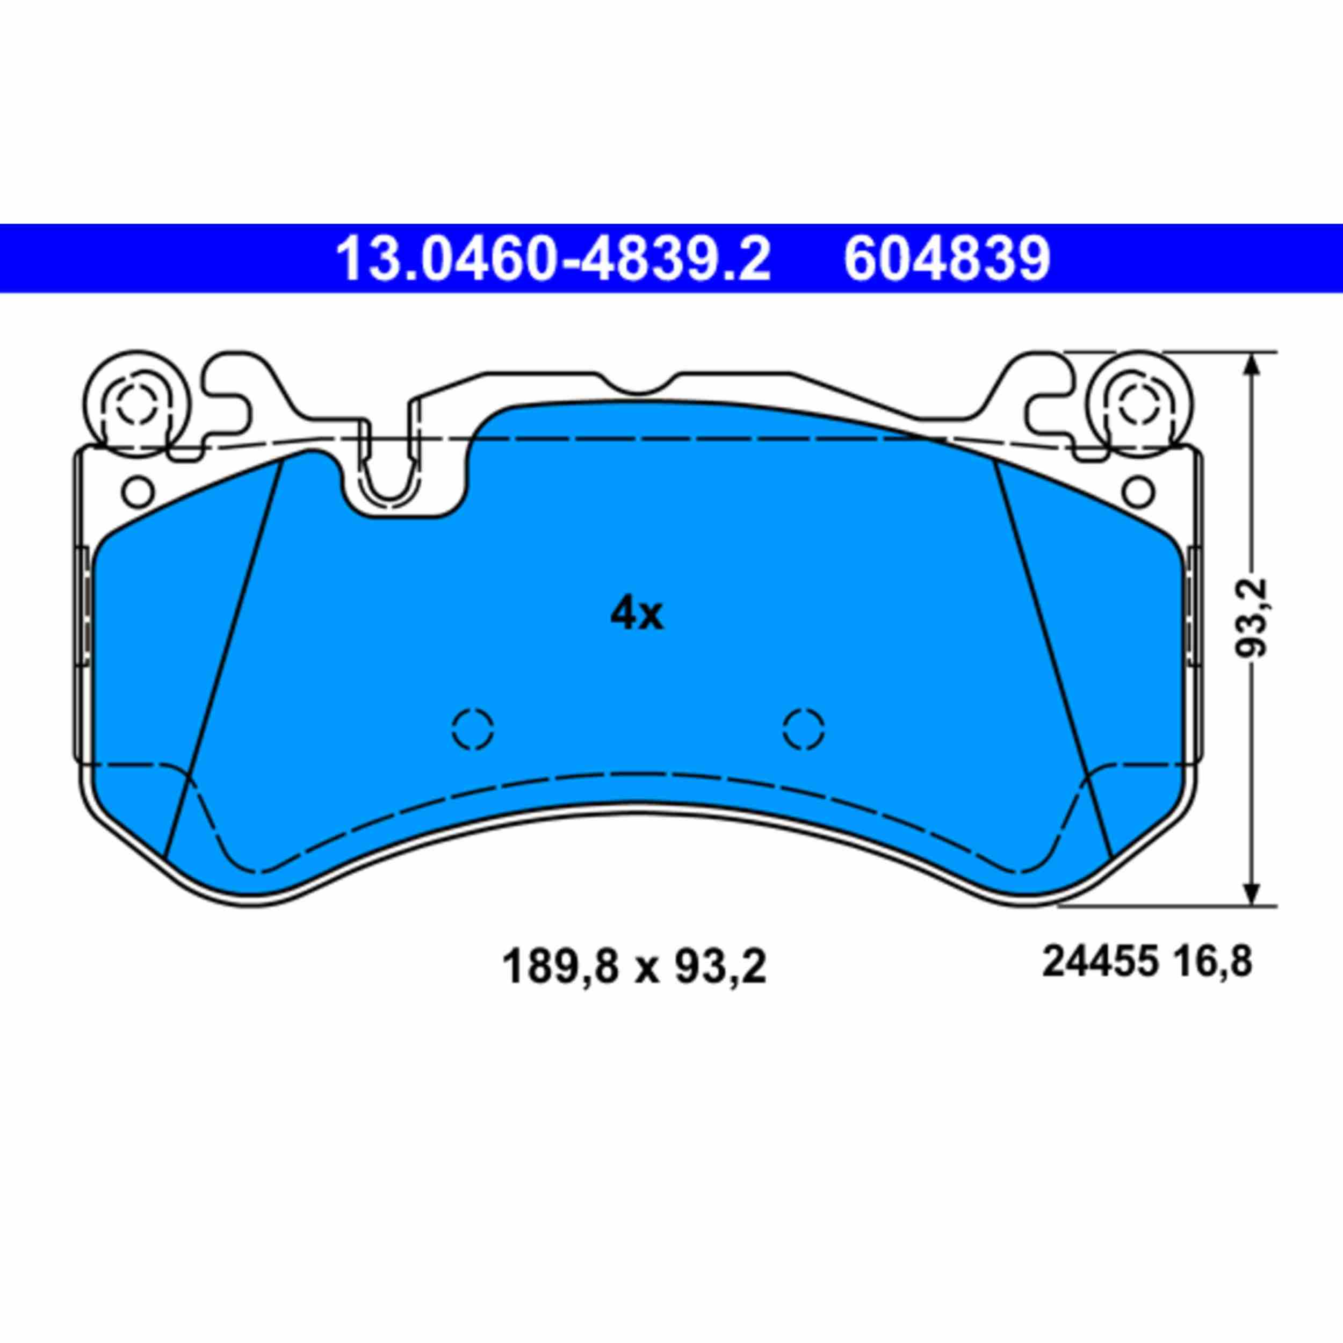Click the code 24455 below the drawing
[x=1099, y=963]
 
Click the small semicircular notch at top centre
[x=638, y=386]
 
